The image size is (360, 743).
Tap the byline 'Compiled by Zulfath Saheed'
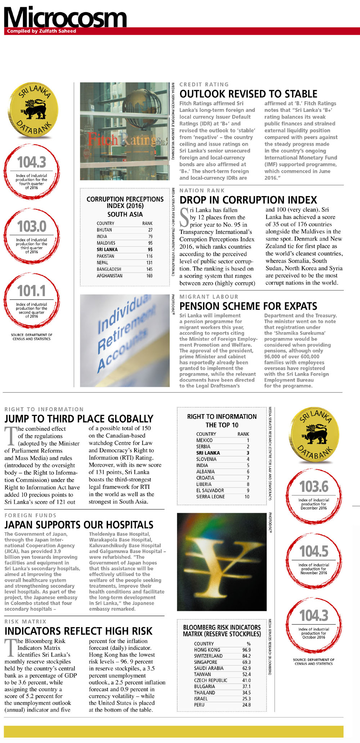[x=41, y=31]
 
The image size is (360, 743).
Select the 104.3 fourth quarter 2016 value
[x=32, y=162]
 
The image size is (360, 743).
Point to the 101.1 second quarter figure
[x=32, y=291]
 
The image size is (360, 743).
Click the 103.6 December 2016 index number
[x=314, y=487]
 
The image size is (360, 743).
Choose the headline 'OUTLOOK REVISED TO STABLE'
[x=248, y=94]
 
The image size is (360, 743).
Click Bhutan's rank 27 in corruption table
[x=150, y=230]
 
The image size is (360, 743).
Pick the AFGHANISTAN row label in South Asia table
[x=109, y=276]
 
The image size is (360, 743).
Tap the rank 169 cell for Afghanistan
[x=149, y=276]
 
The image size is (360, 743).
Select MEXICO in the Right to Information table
[x=204, y=440]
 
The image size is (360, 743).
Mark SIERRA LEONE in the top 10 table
[x=211, y=497]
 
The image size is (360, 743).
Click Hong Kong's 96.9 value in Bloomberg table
[x=247, y=650]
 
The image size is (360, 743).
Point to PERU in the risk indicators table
[x=199, y=705]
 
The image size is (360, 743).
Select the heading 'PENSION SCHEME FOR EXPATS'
[x=248, y=306]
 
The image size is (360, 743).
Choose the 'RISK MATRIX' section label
[x=25, y=622]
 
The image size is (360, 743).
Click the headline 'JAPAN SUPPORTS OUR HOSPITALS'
[x=79, y=525]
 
